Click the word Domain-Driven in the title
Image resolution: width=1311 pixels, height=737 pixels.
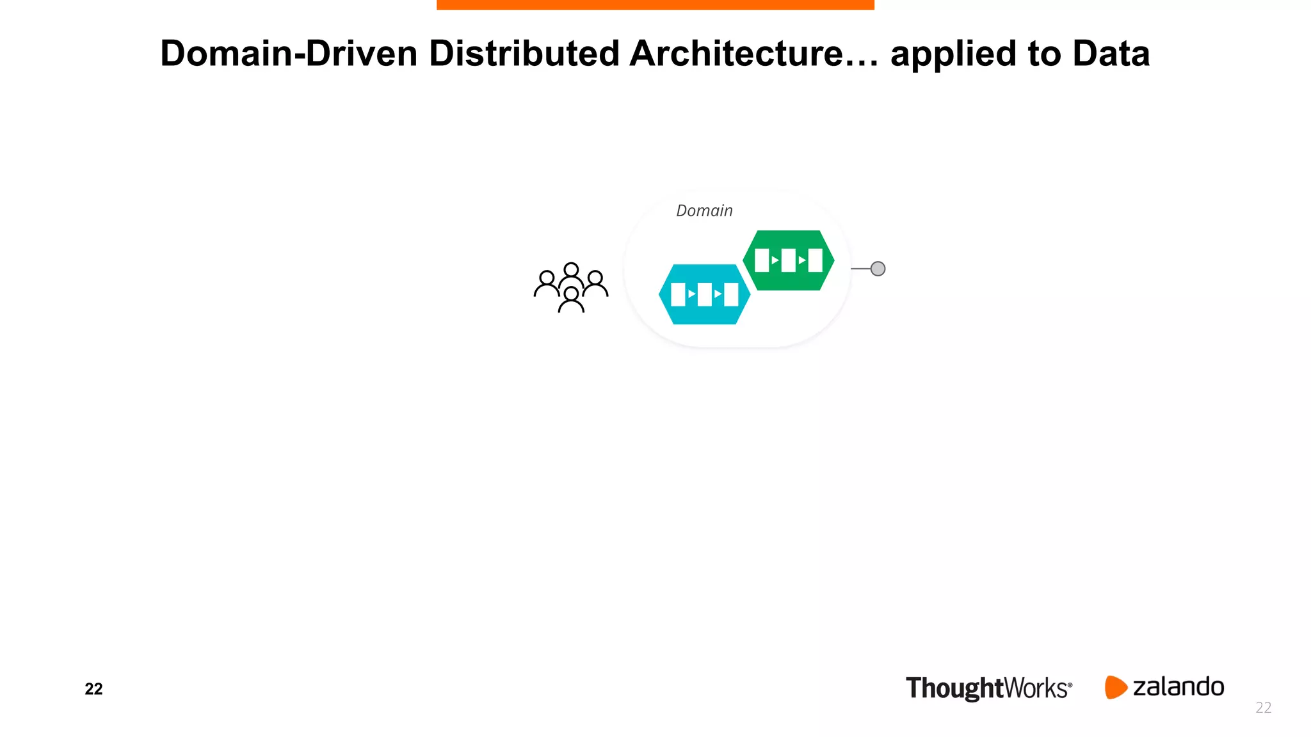click(x=289, y=53)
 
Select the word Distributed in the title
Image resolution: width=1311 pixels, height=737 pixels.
click(x=524, y=53)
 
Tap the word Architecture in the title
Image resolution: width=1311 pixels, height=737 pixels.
click(x=737, y=53)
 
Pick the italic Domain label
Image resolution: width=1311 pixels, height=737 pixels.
click(x=704, y=210)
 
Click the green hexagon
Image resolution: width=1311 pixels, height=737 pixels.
click(x=788, y=260)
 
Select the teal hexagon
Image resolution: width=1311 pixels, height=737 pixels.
click(x=704, y=294)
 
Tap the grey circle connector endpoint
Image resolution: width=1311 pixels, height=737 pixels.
click(x=878, y=269)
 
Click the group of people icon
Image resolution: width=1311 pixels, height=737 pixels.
click(x=571, y=287)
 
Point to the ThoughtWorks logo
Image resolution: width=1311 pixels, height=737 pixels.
click(x=988, y=688)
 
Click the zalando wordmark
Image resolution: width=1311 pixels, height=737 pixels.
click(x=1178, y=686)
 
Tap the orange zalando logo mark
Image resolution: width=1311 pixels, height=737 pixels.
click(x=1115, y=687)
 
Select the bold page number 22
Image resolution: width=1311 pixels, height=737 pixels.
click(x=93, y=688)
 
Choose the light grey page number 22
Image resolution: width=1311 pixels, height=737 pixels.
click(x=1263, y=707)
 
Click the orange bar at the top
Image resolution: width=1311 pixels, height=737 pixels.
click(x=655, y=4)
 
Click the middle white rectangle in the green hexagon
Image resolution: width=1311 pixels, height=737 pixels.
click(x=788, y=260)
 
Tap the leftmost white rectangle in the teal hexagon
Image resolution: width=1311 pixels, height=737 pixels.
click(x=678, y=294)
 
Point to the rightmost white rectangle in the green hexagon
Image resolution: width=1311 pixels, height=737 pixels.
click(x=815, y=260)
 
